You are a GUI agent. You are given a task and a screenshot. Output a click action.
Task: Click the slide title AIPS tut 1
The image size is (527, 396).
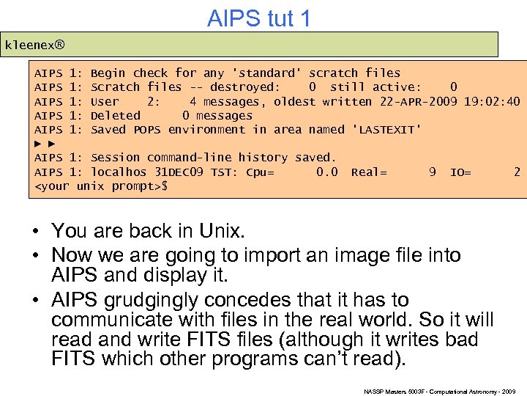259,18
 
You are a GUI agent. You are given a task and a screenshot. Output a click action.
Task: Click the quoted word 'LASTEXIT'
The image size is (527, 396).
387,130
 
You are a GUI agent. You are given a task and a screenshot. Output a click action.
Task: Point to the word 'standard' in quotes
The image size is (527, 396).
267,73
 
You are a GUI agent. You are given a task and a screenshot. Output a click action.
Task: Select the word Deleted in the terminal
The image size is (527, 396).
115,116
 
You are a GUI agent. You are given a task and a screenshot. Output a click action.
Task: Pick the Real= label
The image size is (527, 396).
369,172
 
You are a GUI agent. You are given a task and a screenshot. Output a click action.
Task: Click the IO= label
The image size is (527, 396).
461,172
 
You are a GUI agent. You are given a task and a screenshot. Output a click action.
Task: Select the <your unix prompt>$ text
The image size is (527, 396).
102,186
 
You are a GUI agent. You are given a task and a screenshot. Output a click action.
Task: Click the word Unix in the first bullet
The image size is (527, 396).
220,232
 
